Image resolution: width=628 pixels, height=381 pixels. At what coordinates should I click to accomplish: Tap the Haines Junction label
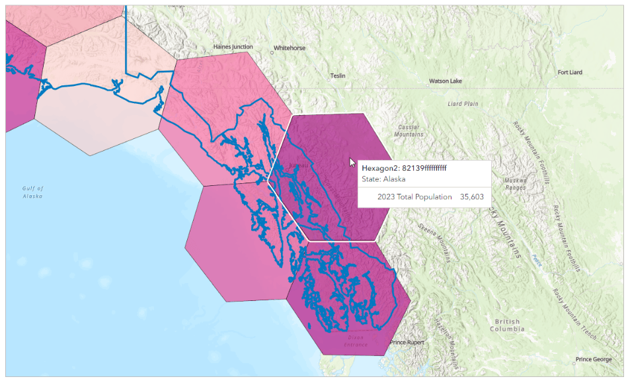pos(233,47)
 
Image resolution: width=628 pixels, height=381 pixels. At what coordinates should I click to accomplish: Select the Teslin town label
pos(338,76)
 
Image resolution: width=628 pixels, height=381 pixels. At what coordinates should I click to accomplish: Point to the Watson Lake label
pos(445,81)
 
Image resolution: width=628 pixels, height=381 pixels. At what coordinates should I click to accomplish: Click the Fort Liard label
pos(570,73)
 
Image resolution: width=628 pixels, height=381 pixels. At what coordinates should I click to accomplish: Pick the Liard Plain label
pos(463,104)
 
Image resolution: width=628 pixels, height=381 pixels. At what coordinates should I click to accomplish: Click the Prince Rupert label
pos(407,342)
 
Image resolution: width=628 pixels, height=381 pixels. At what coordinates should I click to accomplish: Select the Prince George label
pos(593,360)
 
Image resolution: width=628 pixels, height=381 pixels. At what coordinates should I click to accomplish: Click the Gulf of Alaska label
pos(32,192)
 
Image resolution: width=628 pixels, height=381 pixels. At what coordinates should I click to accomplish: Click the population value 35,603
pos(471,197)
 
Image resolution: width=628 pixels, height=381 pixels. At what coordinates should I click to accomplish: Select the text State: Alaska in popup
pos(383,179)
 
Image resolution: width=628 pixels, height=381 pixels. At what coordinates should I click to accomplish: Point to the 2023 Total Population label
pos(414,197)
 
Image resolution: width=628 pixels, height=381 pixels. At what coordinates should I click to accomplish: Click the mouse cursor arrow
pos(352,162)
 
